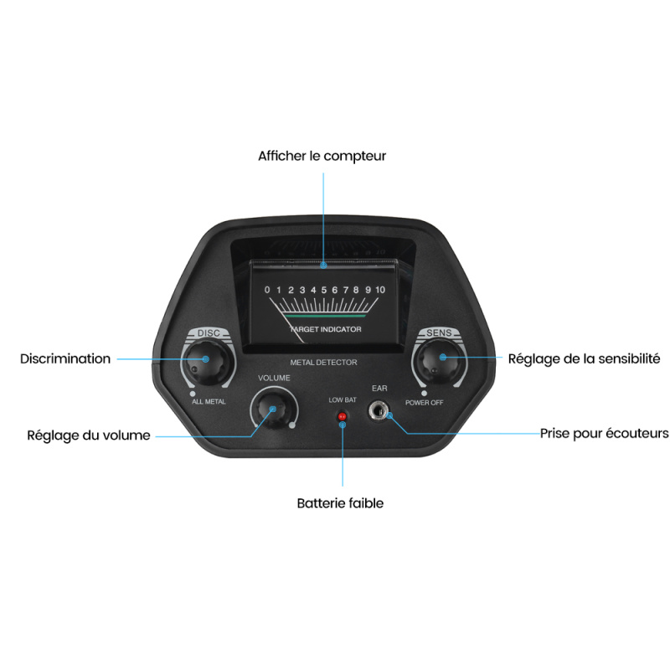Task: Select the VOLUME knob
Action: tap(274, 410)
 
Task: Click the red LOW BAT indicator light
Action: tap(342, 416)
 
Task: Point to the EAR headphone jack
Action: tap(379, 411)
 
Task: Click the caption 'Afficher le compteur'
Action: tap(322, 156)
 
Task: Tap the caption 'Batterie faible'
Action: tap(340, 503)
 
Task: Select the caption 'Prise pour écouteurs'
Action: tap(604, 433)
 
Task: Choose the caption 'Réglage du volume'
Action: tap(89, 435)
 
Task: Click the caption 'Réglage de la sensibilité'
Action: tap(584, 359)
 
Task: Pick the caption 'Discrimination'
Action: tap(65, 358)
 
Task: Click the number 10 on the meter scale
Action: tap(380, 290)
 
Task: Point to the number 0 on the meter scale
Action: tap(267, 290)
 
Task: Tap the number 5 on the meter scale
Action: tap(324, 290)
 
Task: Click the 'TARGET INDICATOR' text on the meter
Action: tap(326, 329)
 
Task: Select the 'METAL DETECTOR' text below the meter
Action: tap(323, 363)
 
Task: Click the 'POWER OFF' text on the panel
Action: tap(425, 403)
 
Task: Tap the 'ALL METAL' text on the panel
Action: tap(209, 402)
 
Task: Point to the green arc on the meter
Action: tap(326, 317)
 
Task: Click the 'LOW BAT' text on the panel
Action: tap(343, 400)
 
